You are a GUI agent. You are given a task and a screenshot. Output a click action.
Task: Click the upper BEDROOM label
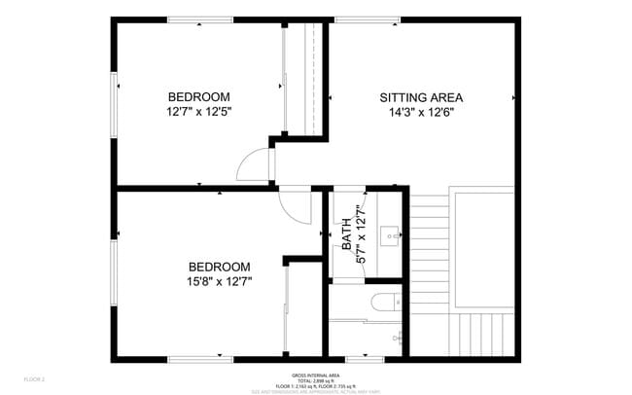point(198,96)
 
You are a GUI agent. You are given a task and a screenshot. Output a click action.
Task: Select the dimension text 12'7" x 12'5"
point(198,111)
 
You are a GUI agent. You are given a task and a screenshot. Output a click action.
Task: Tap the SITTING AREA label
point(420,97)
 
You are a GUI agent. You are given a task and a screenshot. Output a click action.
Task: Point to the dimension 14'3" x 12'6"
point(420,112)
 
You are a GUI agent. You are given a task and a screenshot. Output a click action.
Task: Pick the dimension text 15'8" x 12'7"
point(219,282)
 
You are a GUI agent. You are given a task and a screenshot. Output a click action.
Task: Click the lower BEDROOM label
point(219,267)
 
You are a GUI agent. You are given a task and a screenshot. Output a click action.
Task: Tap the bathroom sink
point(392,234)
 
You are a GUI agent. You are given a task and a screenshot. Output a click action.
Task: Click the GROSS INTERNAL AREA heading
point(315,375)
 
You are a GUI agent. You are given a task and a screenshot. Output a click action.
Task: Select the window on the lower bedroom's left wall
point(114,273)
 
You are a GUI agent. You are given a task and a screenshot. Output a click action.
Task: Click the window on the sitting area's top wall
point(368,19)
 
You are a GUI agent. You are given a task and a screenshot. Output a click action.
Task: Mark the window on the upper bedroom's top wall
point(198,19)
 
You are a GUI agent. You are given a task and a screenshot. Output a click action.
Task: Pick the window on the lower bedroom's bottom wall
point(198,360)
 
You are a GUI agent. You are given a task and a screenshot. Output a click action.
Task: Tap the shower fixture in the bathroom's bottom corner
point(397,337)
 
